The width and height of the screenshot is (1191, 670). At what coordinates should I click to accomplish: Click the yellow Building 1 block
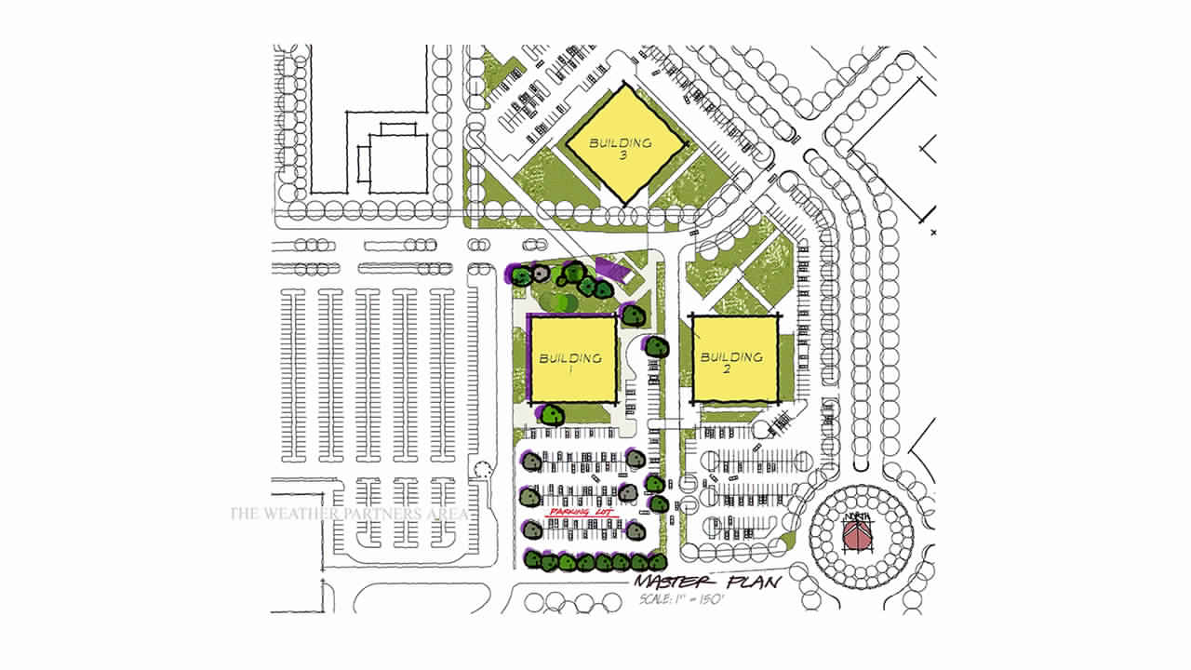572,359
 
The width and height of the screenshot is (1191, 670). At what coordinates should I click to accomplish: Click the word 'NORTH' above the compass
856,517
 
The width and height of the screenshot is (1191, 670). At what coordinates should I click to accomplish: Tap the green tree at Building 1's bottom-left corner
553,415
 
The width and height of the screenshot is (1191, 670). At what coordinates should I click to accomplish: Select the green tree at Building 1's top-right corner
634,315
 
